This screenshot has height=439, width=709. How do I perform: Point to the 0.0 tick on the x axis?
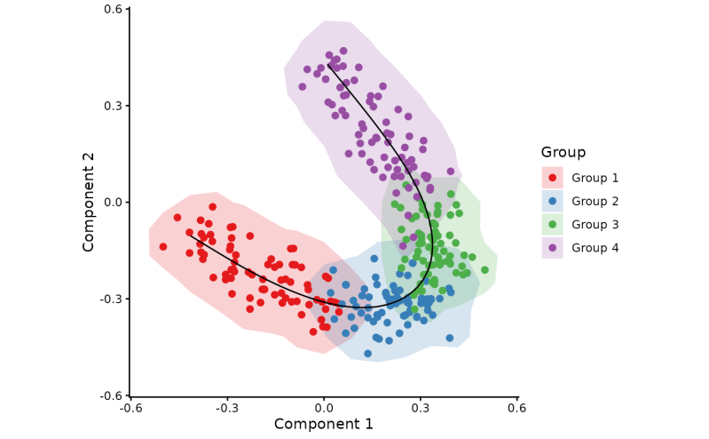pyautogui.click(x=324, y=397)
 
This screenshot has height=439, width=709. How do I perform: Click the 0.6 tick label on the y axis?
pyautogui.click(x=112, y=9)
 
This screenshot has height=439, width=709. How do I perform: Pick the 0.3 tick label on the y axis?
pyautogui.click(x=112, y=106)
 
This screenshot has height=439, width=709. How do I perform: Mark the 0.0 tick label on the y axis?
pyautogui.click(x=112, y=202)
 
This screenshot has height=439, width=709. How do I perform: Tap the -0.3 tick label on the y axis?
pyautogui.click(x=110, y=299)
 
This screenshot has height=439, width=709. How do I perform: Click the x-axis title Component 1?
pyautogui.click(x=324, y=425)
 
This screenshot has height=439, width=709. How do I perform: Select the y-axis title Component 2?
pyautogui.click(x=89, y=202)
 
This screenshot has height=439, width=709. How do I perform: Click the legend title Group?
pyautogui.click(x=563, y=152)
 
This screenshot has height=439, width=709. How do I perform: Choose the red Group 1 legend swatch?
pyautogui.click(x=553, y=178)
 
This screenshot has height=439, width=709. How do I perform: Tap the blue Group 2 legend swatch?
pyautogui.click(x=553, y=201)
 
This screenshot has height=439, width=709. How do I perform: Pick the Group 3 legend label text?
pyautogui.click(x=595, y=225)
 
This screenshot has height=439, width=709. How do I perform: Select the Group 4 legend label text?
pyautogui.click(x=595, y=248)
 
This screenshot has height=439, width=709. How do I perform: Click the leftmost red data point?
pyautogui.click(x=163, y=247)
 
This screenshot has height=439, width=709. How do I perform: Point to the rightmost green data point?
pyautogui.click(x=484, y=270)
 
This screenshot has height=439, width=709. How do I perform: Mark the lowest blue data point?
pyautogui.click(x=367, y=354)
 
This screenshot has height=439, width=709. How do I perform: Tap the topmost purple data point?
pyautogui.click(x=343, y=52)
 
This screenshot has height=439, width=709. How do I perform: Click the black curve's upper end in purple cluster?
pyautogui.click(x=327, y=64)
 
